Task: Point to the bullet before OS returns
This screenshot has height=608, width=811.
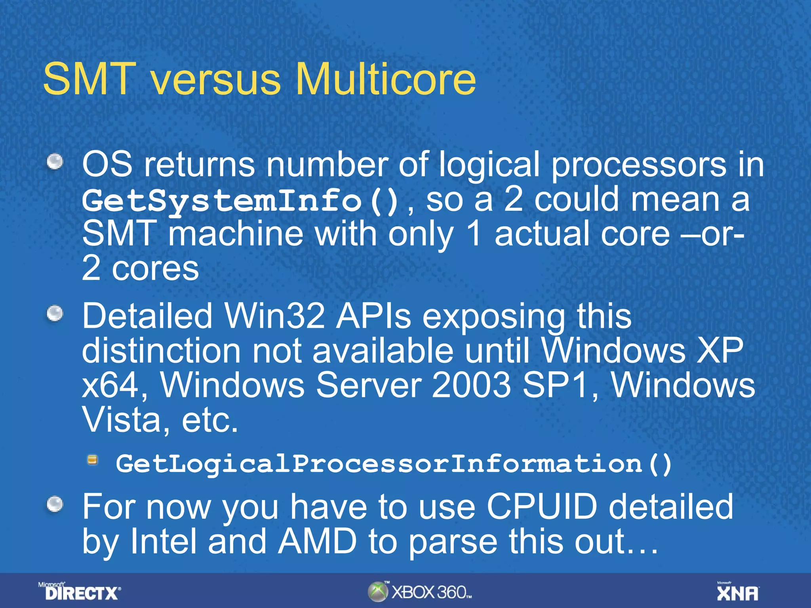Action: (x=55, y=161)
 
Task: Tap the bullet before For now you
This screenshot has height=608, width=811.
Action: (x=55, y=505)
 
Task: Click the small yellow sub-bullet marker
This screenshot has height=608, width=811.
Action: (x=93, y=460)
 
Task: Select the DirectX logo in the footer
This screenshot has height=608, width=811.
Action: (x=80, y=592)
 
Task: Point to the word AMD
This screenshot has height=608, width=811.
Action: (x=317, y=541)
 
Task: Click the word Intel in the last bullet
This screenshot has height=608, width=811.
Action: (x=163, y=541)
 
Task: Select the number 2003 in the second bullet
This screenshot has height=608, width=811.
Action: (x=472, y=385)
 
